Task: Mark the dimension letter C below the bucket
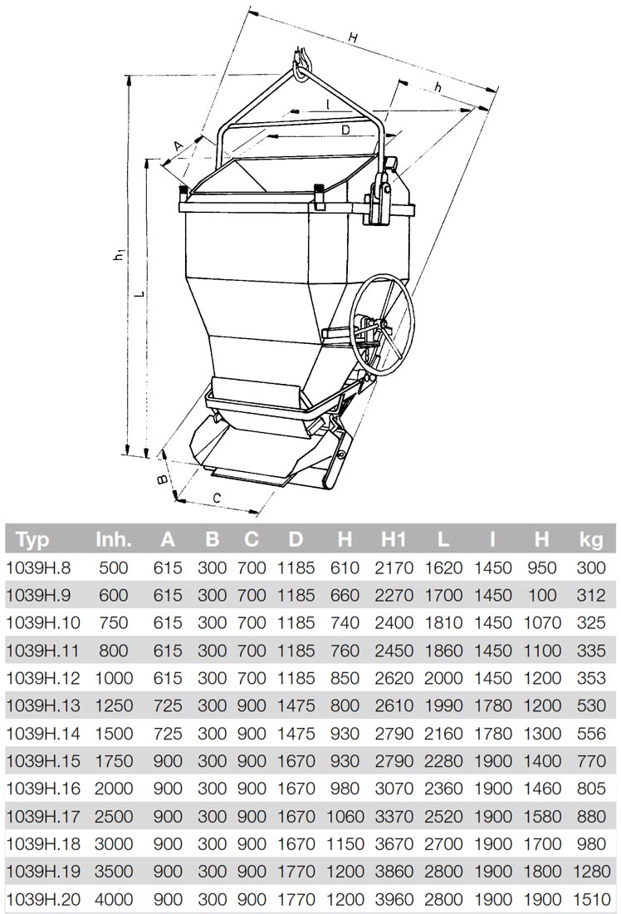coord(217,498)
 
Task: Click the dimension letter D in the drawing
coord(345,130)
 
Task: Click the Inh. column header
coord(115,540)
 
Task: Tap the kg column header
coord(591,540)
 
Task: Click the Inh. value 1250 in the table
coord(115,705)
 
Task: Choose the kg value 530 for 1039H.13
coord(591,705)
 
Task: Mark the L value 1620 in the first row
coord(443,568)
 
